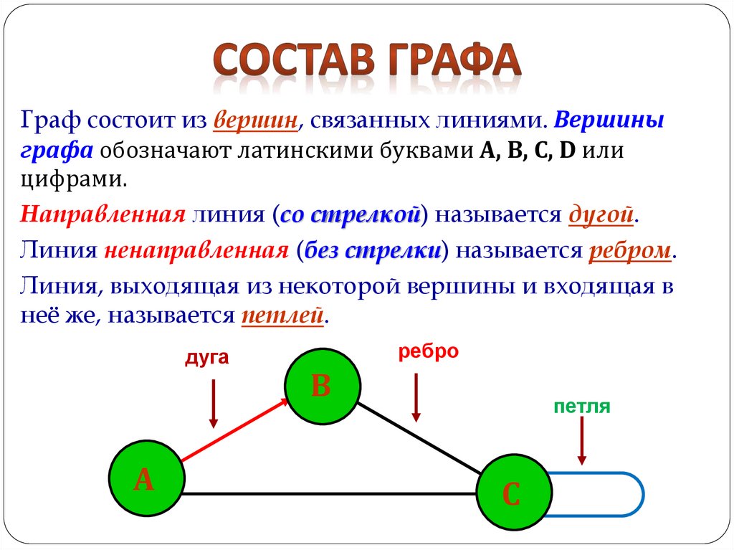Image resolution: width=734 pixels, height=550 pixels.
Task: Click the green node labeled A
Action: (146, 479)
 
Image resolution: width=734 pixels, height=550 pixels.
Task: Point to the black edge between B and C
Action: (419, 439)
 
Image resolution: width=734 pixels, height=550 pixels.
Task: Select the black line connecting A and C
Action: (330, 493)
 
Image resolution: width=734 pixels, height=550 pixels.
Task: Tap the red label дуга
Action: (206, 358)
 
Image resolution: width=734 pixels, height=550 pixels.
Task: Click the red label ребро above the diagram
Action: (428, 351)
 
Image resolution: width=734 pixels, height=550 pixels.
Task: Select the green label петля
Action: (581, 407)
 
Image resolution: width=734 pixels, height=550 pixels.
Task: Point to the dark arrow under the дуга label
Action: (213, 402)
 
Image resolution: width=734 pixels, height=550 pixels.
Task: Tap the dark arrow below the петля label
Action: (582, 441)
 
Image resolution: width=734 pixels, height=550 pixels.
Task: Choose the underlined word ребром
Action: (630, 251)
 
